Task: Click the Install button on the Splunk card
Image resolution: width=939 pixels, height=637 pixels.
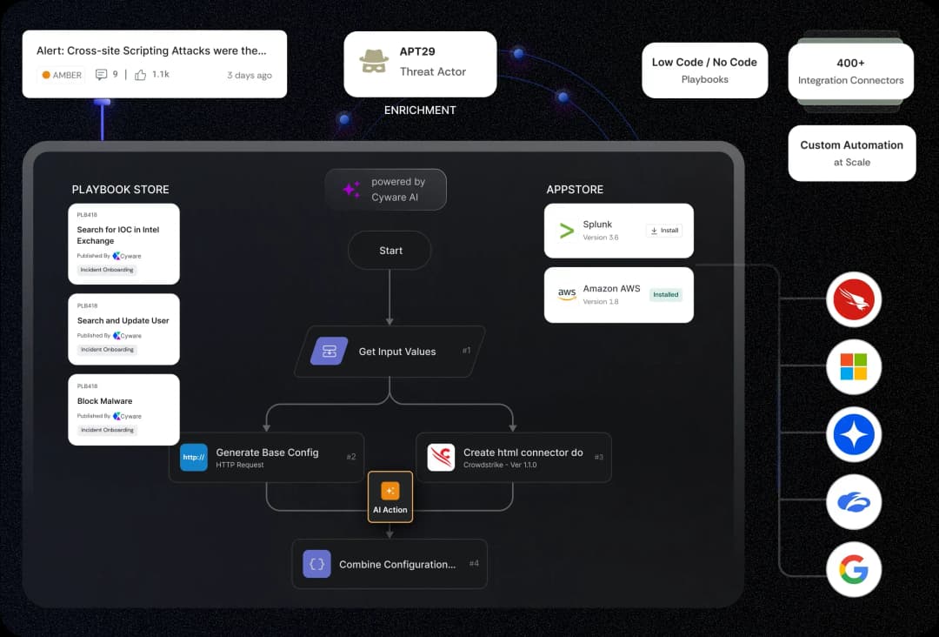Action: point(664,231)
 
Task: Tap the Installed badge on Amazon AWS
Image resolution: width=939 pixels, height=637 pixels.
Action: point(665,294)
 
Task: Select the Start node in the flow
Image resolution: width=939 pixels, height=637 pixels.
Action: point(390,251)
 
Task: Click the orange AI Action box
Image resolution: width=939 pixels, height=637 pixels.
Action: point(390,497)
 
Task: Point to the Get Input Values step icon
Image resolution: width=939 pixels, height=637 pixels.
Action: point(330,352)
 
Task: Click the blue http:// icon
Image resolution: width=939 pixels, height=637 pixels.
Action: point(193,458)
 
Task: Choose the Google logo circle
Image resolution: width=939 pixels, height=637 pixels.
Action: point(854,571)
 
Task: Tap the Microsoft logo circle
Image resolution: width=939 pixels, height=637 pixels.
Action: point(854,366)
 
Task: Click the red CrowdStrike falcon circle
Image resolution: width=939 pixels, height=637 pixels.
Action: point(854,299)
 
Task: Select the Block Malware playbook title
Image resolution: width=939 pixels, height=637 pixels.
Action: point(105,401)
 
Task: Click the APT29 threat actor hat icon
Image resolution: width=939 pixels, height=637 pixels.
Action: point(374,62)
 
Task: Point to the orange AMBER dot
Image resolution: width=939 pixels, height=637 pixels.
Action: point(46,75)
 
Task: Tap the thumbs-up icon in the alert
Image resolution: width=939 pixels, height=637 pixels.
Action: point(140,75)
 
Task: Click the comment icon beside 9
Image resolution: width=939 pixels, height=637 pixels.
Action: point(102,75)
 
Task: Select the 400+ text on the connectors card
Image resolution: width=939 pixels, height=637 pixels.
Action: point(850,63)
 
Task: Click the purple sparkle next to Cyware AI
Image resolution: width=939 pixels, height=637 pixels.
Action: point(351,189)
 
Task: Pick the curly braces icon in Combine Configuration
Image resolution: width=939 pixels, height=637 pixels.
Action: point(317,564)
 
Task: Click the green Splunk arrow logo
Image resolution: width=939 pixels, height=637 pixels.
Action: point(567,231)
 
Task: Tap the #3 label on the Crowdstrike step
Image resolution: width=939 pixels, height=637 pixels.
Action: point(598,457)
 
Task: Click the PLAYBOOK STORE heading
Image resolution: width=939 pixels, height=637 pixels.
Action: point(120,189)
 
